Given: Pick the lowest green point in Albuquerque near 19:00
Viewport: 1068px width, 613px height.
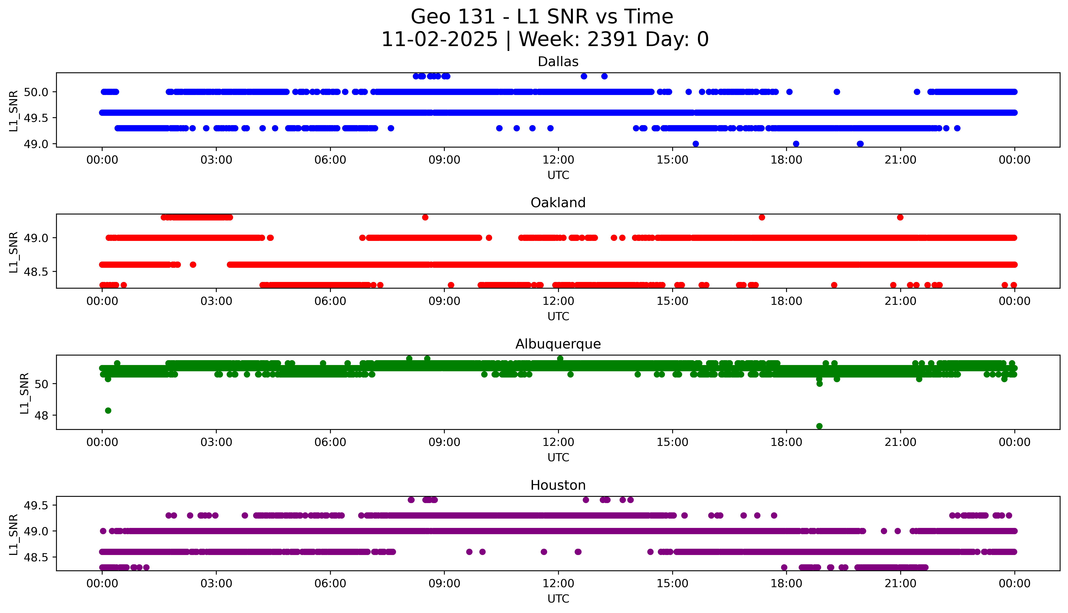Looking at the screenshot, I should (x=819, y=426).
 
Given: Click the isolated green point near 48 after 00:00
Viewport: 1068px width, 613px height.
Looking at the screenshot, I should (x=108, y=410).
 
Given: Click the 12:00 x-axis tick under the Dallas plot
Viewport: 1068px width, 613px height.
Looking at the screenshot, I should (x=558, y=160).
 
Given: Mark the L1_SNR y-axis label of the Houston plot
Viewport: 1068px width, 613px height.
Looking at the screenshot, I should (x=14, y=534).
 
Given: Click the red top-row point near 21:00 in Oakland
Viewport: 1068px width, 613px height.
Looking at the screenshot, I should (x=900, y=217).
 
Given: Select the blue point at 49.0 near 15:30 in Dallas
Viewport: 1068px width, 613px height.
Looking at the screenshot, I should (x=695, y=144).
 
